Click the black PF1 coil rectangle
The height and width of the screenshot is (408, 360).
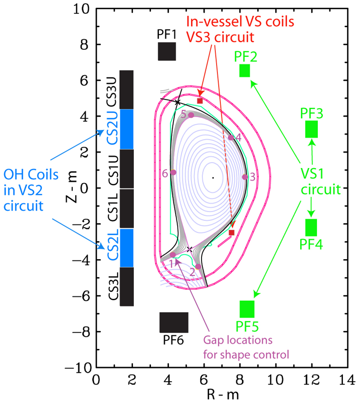[167, 51]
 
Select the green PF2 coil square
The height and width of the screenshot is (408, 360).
[245, 70]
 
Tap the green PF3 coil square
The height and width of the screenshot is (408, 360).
[311, 129]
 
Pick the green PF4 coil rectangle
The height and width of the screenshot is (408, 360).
[311, 227]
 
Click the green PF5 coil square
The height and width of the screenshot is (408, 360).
[247, 309]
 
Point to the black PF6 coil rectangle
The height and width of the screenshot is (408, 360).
[174, 322]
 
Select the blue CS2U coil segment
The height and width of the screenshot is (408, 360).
[127, 129]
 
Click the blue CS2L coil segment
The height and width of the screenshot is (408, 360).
[127, 248]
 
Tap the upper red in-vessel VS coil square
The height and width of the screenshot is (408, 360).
[200, 101]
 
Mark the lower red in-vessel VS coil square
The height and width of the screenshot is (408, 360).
[231, 232]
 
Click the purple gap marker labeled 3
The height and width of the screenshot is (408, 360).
[245, 177]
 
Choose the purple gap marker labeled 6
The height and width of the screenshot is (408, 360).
[173, 172]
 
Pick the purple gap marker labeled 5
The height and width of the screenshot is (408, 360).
[191, 115]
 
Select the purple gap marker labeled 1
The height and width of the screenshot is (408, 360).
[173, 255]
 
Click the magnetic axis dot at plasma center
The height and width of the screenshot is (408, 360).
[213, 178]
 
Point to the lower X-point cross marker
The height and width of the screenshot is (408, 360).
[190, 249]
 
